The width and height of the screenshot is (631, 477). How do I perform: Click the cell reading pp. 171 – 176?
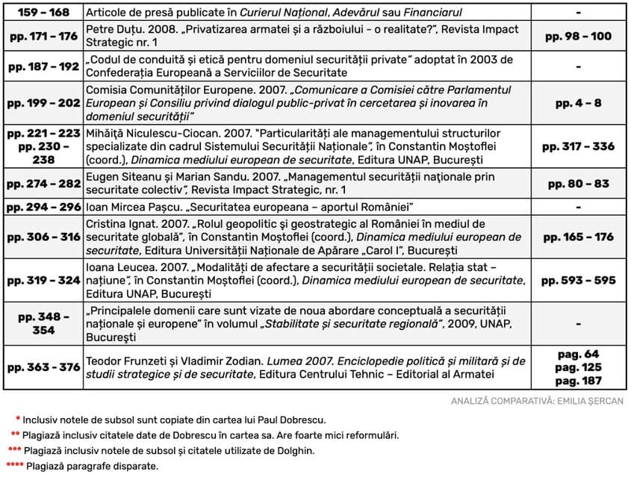(x=43, y=36)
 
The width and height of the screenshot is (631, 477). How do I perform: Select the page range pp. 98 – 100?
(x=579, y=36)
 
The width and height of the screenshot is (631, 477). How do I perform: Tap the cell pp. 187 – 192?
(x=43, y=66)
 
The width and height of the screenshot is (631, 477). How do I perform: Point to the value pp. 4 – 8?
(x=579, y=103)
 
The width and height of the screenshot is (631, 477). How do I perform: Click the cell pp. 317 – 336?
(x=579, y=146)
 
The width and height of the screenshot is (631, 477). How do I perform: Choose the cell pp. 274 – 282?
(x=43, y=184)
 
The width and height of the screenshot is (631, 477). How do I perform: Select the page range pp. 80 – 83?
(x=579, y=184)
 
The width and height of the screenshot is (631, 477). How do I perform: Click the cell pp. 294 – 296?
(x=43, y=206)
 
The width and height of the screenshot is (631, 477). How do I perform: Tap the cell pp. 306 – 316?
(x=43, y=237)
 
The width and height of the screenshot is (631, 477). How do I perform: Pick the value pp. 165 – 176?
(x=579, y=237)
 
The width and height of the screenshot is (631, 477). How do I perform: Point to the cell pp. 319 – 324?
(x=43, y=281)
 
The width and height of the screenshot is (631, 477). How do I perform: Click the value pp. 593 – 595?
(x=579, y=281)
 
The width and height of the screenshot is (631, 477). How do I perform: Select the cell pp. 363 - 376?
(x=43, y=367)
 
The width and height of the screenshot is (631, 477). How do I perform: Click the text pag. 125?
(x=579, y=367)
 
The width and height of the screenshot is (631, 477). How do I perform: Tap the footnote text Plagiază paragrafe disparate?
(x=92, y=467)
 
